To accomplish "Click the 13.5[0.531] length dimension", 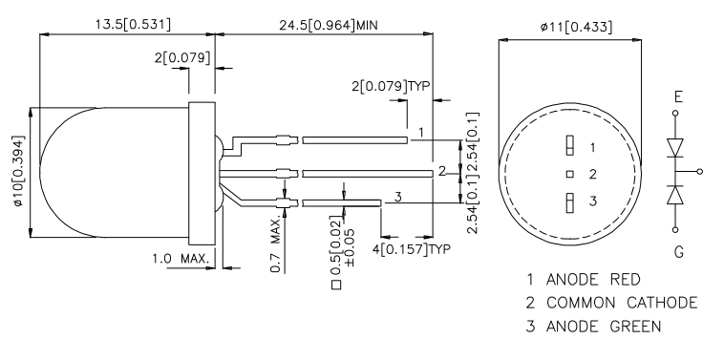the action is pyautogui.click(x=133, y=24).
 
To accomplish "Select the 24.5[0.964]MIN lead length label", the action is pyautogui.click(x=328, y=26).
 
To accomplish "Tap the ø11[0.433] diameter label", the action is pyautogui.click(x=577, y=28).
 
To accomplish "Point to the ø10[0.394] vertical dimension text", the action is pyautogui.click(x=18, y=170).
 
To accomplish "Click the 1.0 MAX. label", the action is pyautogui.click(x=181, y=259).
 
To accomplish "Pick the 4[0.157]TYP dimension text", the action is pyautogui.click(x=412, y=249).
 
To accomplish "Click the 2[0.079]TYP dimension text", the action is pyautogui.click(x=391, y=86).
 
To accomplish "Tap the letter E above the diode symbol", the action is pyautogui.click(x=678, y=97).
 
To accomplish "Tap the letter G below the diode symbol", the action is pyautogui.click(x=678, y=252).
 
